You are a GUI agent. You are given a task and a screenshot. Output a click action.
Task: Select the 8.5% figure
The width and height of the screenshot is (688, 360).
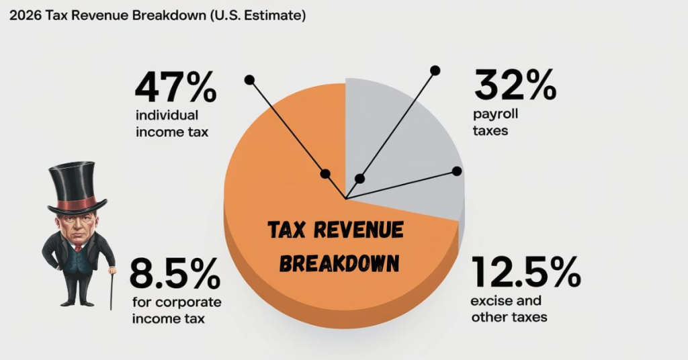pyautogui.click(x=174, y=273)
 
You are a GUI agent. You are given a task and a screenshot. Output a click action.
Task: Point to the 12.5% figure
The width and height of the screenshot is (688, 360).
pyautogui.click(x=525, y=272)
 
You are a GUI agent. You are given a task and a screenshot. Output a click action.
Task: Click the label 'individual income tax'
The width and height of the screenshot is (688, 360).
pyautogui.click(x=172, y=124)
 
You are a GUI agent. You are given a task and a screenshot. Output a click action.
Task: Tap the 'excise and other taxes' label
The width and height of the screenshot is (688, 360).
pyautogui.click(x=509, y=308)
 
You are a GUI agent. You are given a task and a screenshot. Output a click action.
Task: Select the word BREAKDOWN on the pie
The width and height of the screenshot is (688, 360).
pyautogui.click(x=339, y=262)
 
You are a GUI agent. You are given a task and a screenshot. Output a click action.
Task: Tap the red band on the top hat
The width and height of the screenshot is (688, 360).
pyautogui.click(x=77, y=202)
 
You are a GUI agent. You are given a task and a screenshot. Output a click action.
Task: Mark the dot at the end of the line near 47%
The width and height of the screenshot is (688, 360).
pyautogui.click(x=249, y=79)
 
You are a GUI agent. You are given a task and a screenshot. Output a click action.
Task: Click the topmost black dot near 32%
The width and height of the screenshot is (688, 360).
pyautogui.click(x=435, y=70)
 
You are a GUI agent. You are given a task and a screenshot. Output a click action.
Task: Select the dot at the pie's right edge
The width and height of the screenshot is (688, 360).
pyautogui.click(x=457, y=171)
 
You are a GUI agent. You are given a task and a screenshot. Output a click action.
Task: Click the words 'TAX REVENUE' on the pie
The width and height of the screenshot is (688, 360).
pyautogui.click(x=336, y=231)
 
